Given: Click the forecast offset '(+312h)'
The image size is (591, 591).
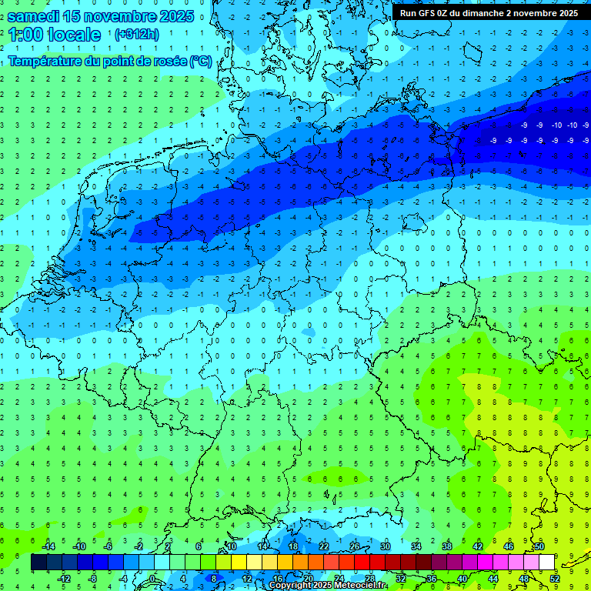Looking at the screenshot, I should (136, 35).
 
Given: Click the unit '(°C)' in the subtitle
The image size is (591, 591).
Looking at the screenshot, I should (201, 61).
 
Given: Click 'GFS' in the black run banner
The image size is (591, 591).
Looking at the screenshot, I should (431, 13).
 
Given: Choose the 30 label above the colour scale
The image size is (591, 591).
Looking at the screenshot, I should (386, 546).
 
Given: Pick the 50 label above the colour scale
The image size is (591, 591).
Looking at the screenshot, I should (539, 546).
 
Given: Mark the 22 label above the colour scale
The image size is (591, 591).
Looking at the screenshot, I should (324, 546).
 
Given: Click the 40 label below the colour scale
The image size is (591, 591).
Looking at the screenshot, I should (462, 579).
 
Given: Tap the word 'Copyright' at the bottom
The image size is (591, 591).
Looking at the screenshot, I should (290, 586).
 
